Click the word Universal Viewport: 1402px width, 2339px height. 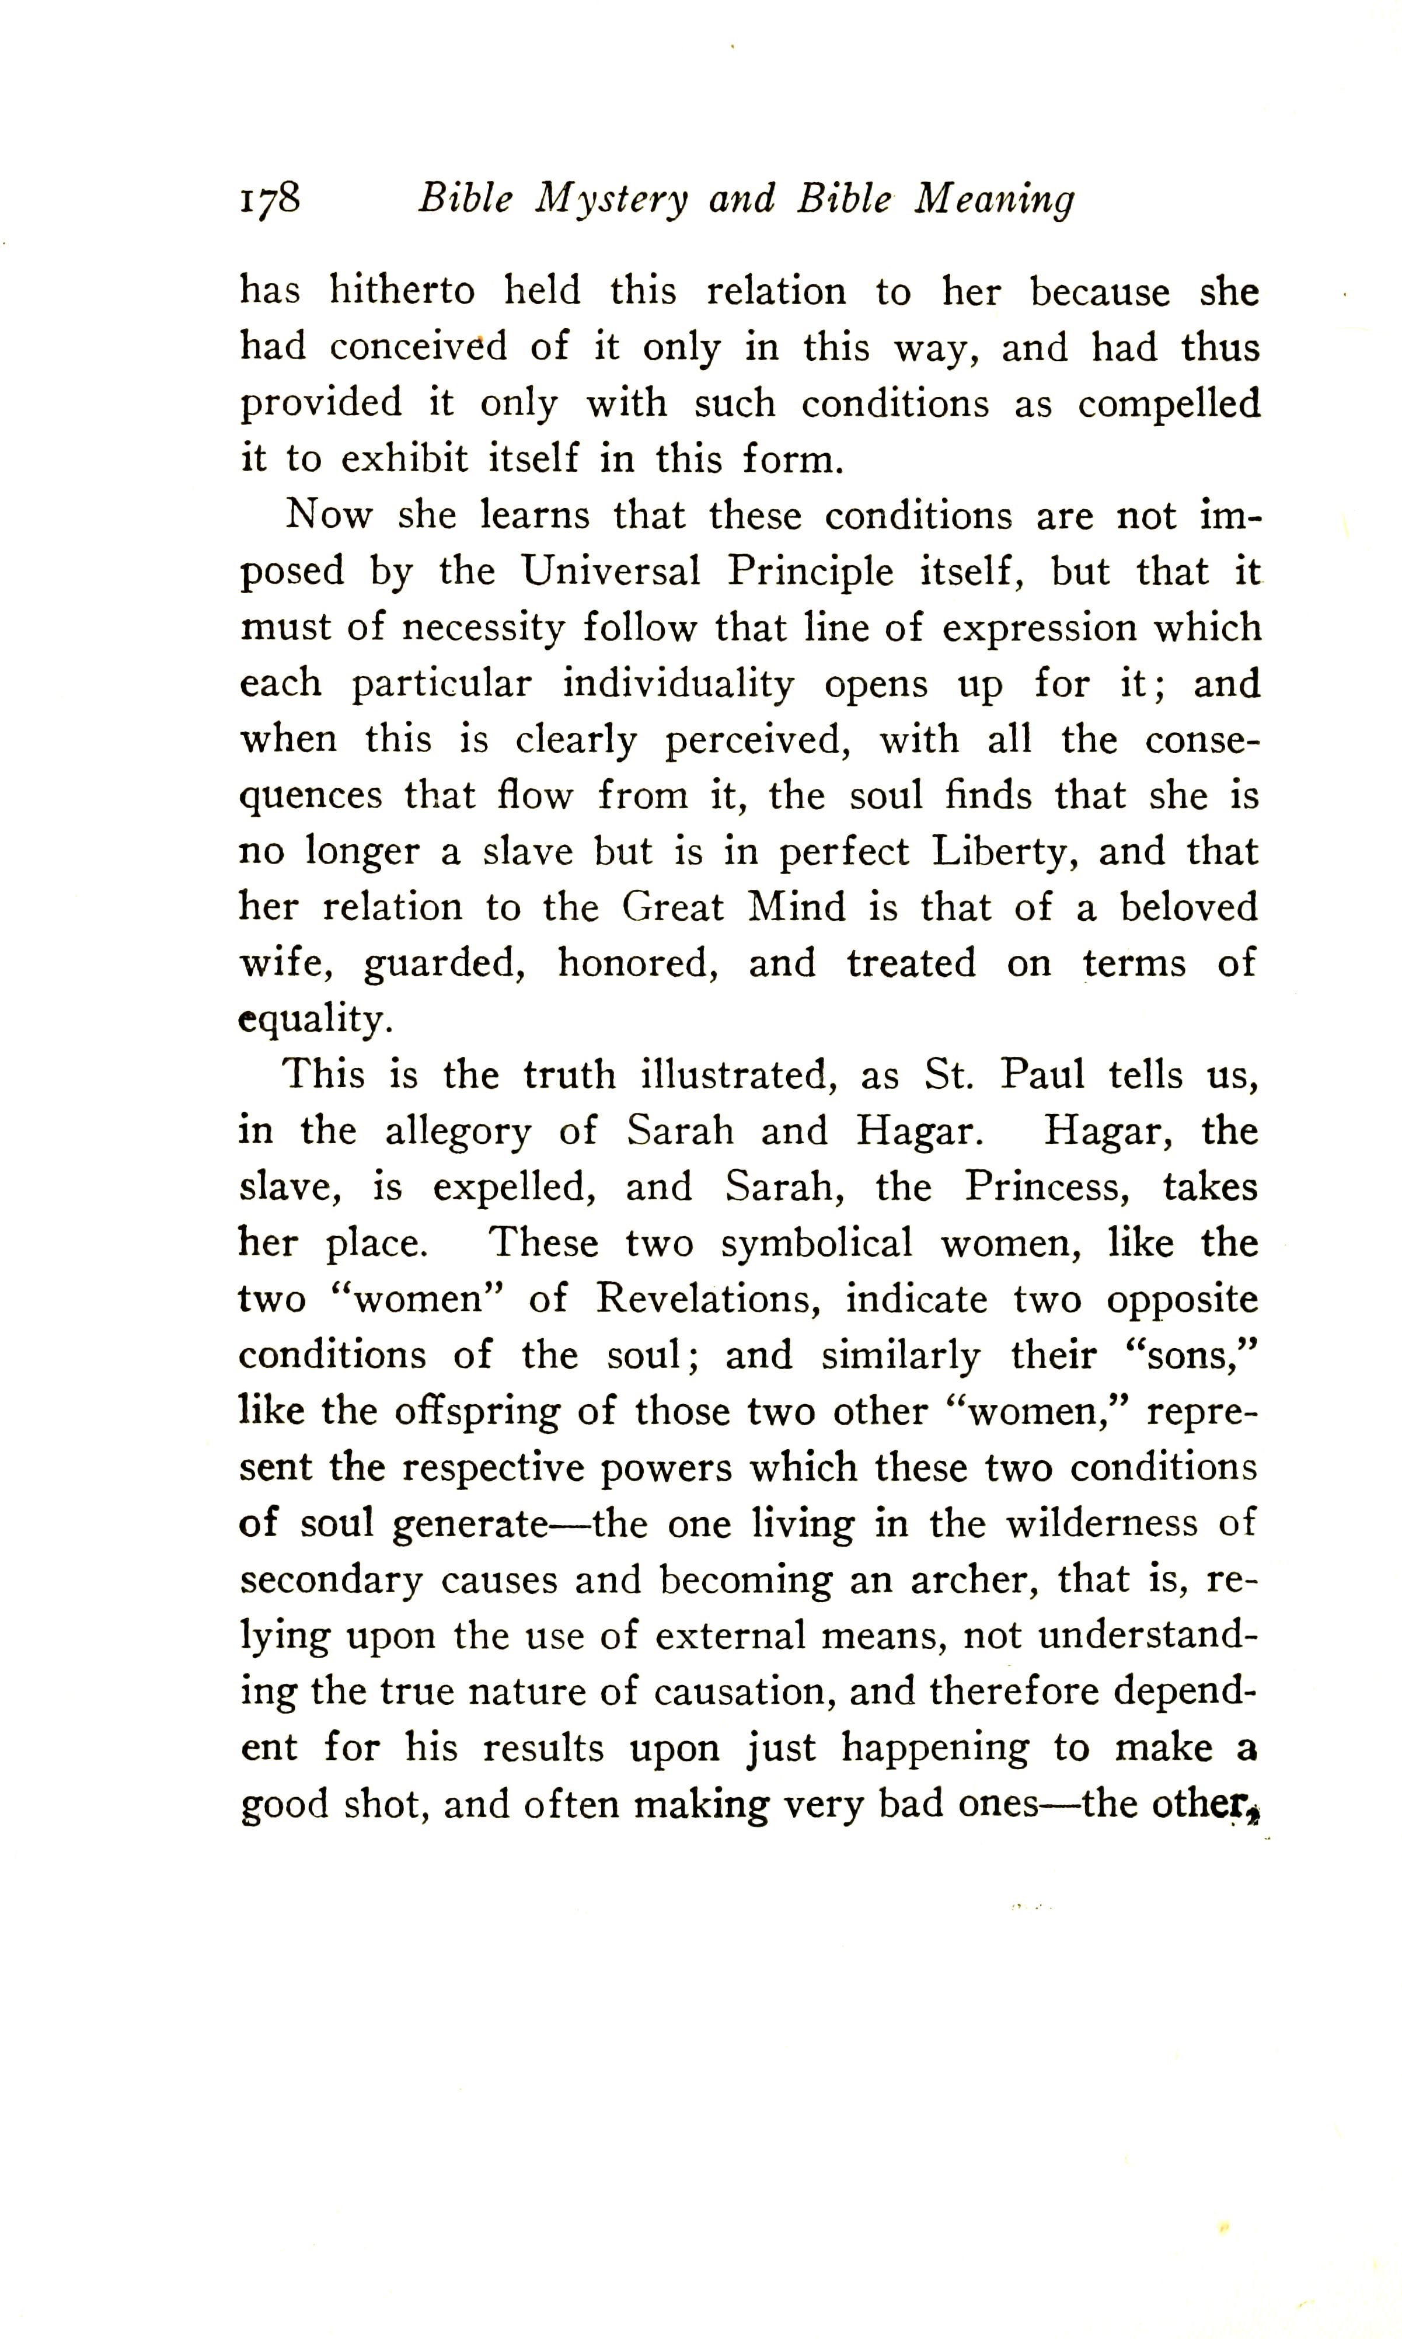click(x=611, y=571)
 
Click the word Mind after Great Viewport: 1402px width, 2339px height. click(x=796, y=908)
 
